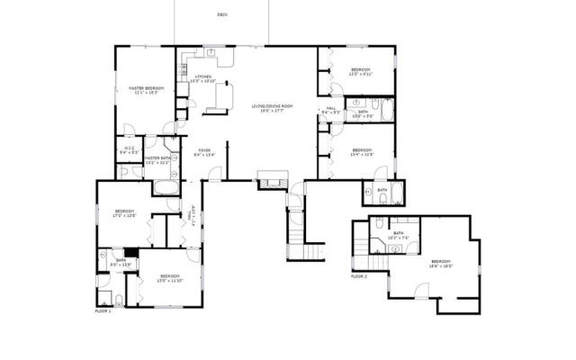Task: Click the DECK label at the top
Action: click(x=221, y=15)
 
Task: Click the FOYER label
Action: click(x=204, y=152)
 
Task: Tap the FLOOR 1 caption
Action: click(x=103, y=310)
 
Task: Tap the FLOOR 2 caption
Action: click(x=359, y=276)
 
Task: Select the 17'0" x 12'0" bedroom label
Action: click(x=122, y=213)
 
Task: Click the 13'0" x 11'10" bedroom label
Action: click(x=169, y=278)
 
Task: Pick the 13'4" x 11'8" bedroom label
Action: click(x=362, y=152)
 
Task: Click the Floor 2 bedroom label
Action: click(x=441, y=263)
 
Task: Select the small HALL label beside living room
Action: click(x=330, y=111)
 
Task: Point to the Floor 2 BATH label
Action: click(x=397, y=235)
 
